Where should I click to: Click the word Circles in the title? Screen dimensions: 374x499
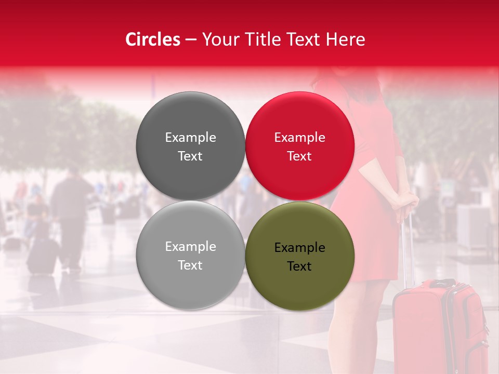click(x=153, y=39)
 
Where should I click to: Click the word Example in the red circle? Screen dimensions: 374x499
click(x=300, y=138)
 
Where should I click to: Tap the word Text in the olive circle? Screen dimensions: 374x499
click(x=299, y=266)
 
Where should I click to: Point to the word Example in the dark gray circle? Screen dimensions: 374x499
click(x=190, y=138)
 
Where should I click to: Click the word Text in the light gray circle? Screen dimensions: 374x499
click(x=190, y=265)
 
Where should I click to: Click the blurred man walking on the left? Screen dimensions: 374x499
click(x=70, y=213)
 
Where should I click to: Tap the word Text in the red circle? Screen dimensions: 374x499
click(x=299, y=156)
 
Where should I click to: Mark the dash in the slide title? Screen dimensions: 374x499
click(x=191, y=39)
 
